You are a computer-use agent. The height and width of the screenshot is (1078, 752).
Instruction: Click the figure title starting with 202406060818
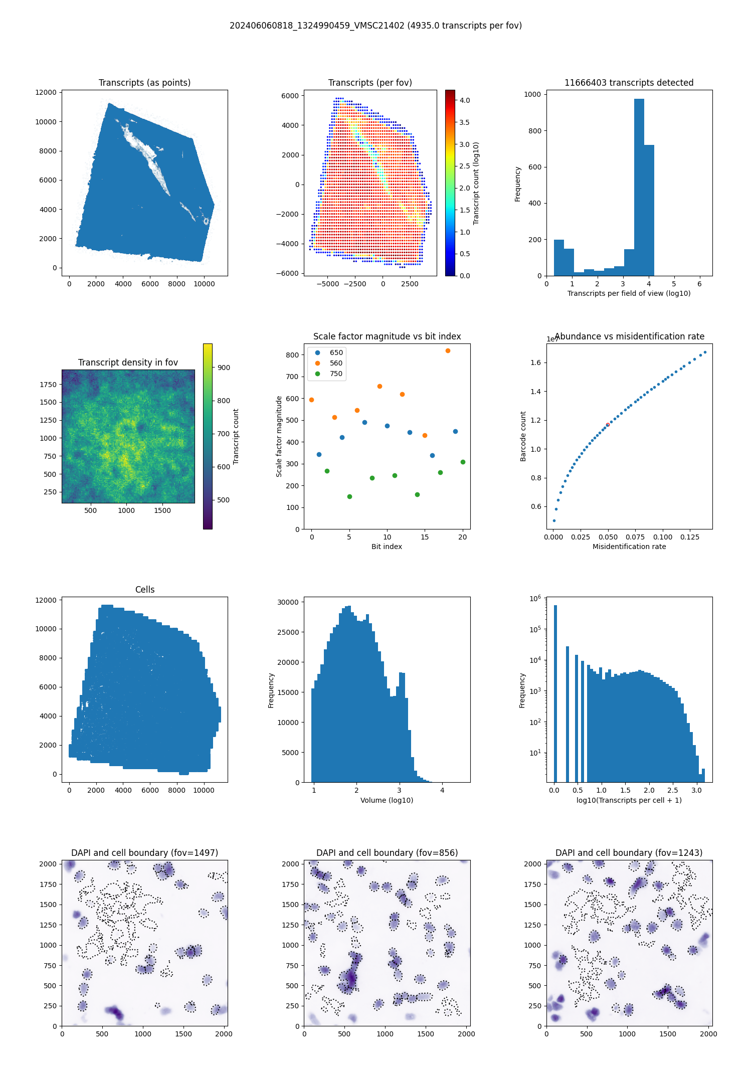point(375,26)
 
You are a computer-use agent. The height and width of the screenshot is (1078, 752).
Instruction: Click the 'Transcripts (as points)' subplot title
point(144,83)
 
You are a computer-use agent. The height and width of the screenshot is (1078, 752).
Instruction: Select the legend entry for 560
point(336,363)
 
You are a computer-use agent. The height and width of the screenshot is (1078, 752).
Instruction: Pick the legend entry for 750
point(336,374)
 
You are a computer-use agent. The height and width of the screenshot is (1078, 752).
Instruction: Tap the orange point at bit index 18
point(448,350)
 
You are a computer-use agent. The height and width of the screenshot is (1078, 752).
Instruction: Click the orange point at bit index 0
point(311,400)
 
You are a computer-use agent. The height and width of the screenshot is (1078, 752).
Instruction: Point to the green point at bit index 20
point(463,462)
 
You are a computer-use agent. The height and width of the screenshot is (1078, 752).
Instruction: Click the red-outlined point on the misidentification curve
point(608,425)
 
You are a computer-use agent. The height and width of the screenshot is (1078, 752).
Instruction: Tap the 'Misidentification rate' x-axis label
point(629,547)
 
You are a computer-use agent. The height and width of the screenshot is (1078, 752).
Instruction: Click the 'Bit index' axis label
point(387,547)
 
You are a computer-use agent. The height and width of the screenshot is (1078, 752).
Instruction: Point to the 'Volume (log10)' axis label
point(387,800)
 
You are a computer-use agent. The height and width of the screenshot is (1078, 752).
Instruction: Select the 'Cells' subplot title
point(144,590)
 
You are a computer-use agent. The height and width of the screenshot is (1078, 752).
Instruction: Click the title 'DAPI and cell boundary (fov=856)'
point(387,853)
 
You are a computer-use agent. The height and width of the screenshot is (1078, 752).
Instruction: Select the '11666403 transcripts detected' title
point(629,83)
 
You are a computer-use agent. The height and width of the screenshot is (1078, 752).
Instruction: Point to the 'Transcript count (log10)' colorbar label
point(476,183)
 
